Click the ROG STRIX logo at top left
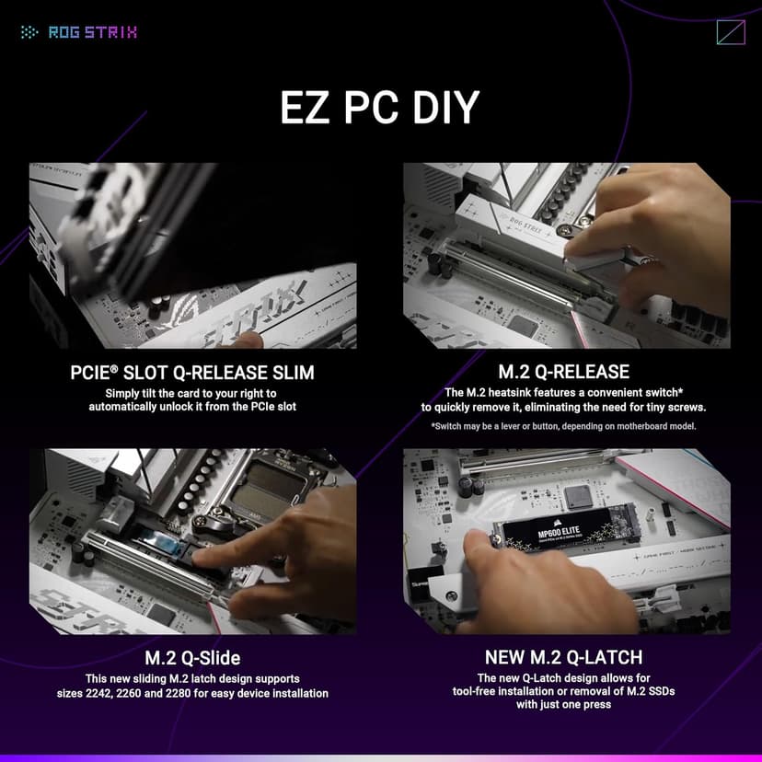pos(79,32)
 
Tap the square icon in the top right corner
pos(730,32)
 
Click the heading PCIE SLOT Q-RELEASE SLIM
pos(192,373)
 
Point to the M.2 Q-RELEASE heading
pos(563,373)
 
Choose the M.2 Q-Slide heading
pos(192,658)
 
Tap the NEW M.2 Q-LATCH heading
pos(563,658)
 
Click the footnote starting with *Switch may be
pos(563,426)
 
